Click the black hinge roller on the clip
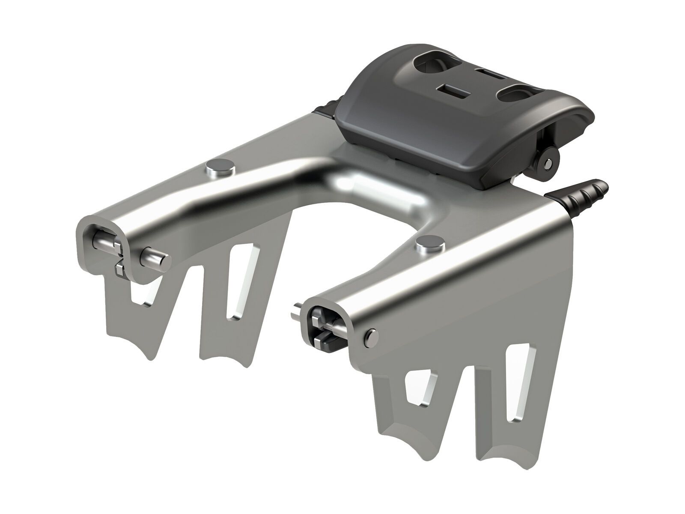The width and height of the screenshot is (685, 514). pos(547,162)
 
